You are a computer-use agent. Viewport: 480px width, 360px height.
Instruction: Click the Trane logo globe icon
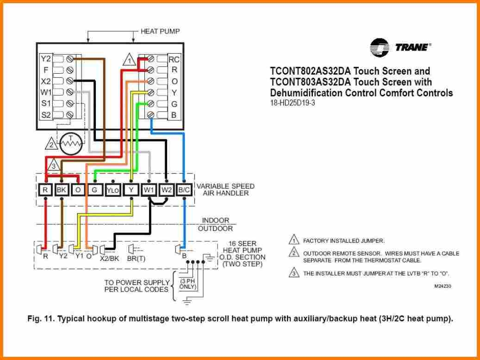tap(379, 48)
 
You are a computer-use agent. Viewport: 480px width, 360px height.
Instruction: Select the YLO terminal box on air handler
tap(113, 189)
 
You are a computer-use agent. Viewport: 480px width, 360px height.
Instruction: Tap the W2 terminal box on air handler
tap(167, 189)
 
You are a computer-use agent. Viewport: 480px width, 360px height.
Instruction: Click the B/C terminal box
tap(184, 189)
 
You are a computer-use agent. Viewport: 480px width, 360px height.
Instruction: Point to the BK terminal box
tap(61, 189)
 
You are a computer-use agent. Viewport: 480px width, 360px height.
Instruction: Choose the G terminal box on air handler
tap(94, 189)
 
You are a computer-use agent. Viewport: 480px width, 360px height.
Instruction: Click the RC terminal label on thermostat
tap(174, 59)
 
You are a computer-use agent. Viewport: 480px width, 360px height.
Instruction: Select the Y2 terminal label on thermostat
tap(45, 59)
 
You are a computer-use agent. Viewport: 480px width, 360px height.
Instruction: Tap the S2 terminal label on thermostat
tap(45, 114)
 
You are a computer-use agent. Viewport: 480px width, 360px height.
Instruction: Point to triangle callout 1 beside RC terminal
tap(130, 60)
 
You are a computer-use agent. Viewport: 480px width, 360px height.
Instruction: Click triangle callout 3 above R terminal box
tap(53, 166)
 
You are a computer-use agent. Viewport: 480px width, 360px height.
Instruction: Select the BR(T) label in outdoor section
tap(137, 259)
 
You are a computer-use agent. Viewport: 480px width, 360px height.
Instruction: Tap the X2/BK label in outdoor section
tap(110, 259)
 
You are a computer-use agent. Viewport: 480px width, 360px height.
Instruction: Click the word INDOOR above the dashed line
tap(215, 221)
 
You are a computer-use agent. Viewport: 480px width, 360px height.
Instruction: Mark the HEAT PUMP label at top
tap(160, 31)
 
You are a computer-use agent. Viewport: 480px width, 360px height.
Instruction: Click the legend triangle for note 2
tap(293, 253)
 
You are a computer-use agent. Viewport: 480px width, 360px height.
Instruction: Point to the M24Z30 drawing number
tap(442, 286)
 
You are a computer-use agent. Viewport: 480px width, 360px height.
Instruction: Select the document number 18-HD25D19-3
tap(293, 103)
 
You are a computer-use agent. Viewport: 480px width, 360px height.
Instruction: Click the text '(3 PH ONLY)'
tap(188, 284)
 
